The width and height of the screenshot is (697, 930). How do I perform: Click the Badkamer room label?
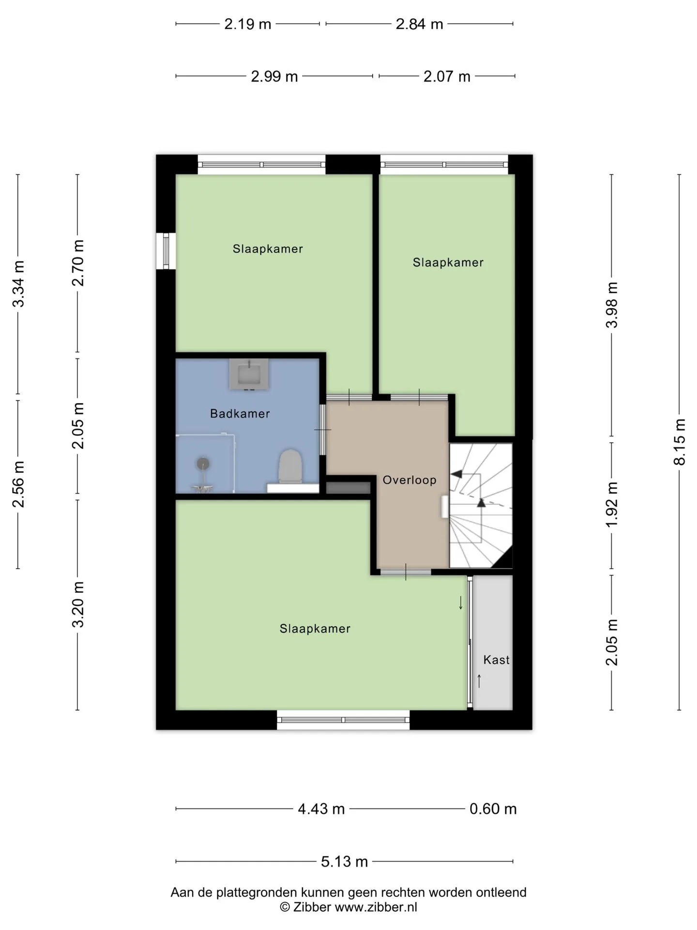(x=240, y=414)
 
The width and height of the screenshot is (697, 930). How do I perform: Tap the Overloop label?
(x=409, y=480)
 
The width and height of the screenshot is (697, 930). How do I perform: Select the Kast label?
(x=497, y=660)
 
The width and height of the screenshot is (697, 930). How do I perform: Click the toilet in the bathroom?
(x=290, y=466)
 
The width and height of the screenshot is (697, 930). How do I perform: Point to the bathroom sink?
(x=249, y=374)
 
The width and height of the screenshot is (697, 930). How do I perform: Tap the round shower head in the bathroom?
(x=203, y=464)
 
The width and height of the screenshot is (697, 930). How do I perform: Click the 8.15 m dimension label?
(x=680, y=442)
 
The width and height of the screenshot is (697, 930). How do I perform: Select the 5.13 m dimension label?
(x=344, y=862)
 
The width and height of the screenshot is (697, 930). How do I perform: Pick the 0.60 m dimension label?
(x=493, y=809)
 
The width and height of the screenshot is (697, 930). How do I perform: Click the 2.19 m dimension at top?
(x=247, y=24)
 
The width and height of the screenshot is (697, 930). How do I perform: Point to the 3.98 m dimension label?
(x=612, y=305)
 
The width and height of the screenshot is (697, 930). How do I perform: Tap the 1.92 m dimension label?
(x=612, y=505)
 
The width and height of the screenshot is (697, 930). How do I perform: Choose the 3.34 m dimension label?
(x=18, y=284)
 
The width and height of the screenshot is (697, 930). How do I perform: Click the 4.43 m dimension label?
(x=321, y=809)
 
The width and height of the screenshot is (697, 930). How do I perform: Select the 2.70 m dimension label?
(x=78, y=263)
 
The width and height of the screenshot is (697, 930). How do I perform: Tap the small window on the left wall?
(x=166, y=251)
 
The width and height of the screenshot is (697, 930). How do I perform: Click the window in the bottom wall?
(x=343, y=720)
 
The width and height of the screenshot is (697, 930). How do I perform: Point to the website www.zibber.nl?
(x=376, y=907)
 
